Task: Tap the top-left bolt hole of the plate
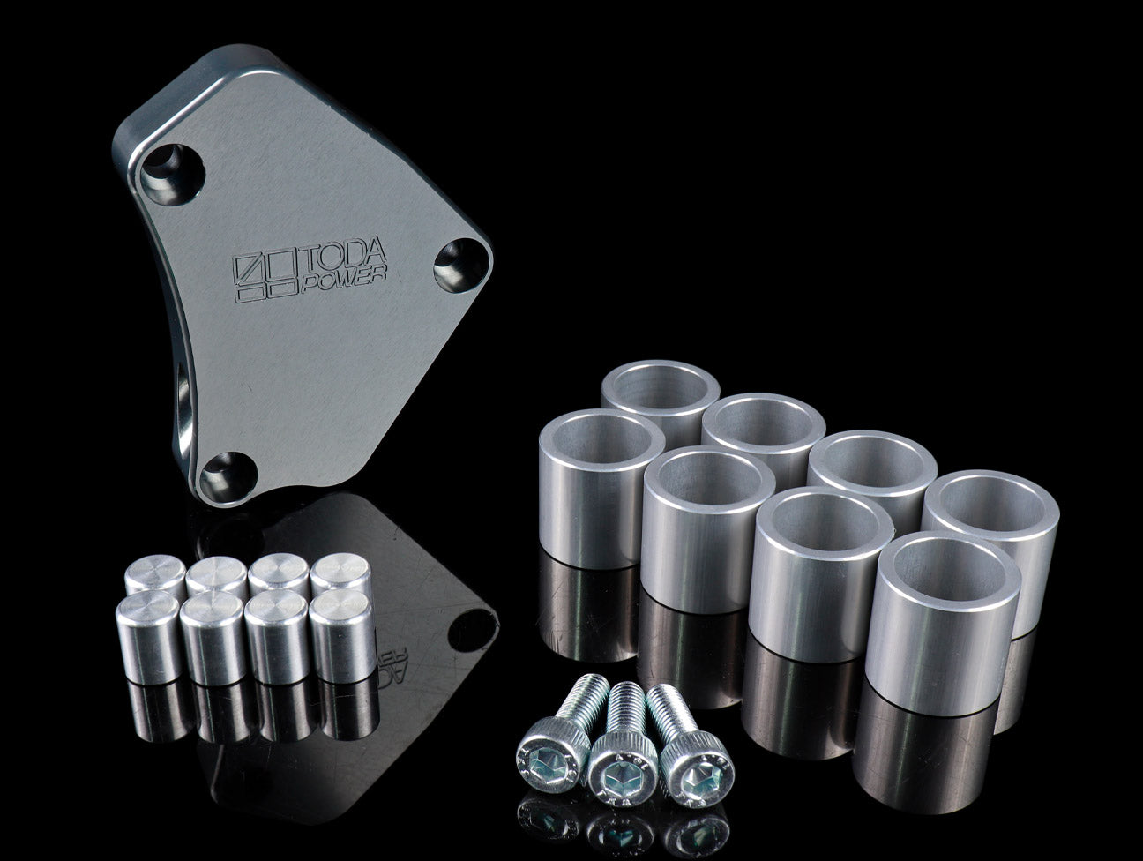pos(172,174)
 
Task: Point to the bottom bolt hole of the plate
pos(228,477)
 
